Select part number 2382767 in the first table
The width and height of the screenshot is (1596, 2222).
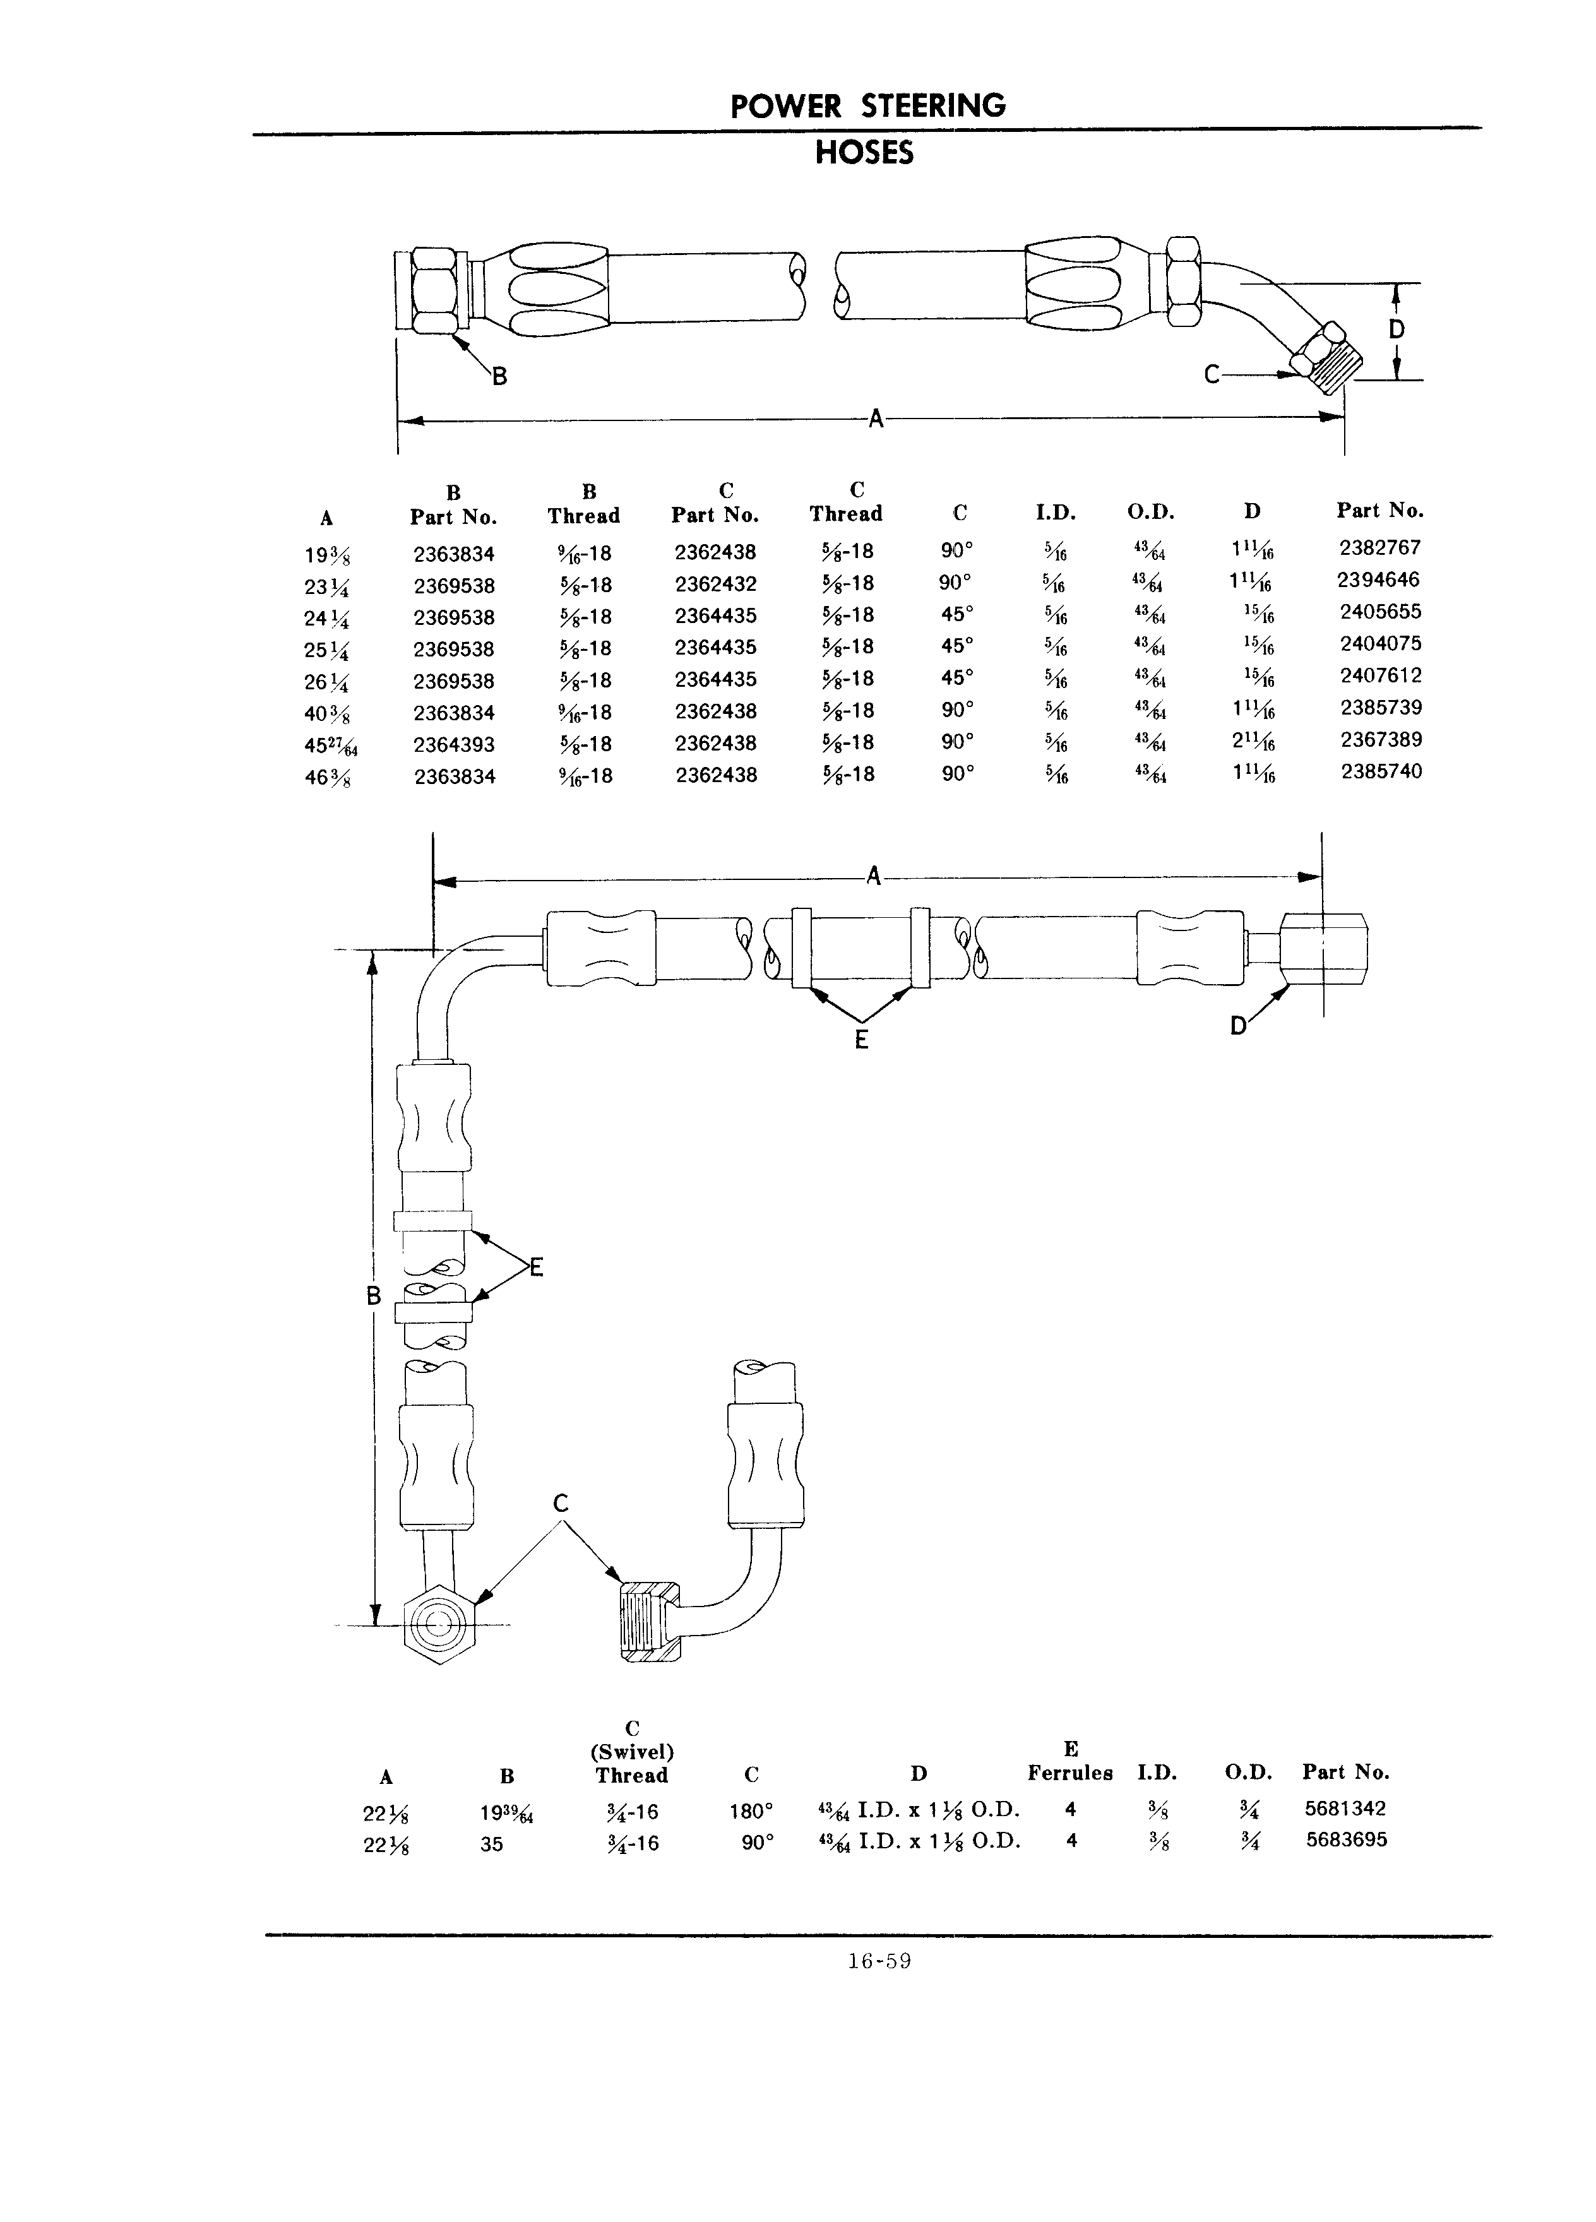(1379, 548)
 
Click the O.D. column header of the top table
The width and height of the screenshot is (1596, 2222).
(1151, 511)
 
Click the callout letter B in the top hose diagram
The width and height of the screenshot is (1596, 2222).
(499, 374)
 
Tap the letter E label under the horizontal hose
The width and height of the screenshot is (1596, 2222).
(861, 1040)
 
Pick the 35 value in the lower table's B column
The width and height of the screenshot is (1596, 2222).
(492, 1844)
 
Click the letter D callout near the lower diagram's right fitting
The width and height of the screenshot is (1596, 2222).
(1239, 1026)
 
